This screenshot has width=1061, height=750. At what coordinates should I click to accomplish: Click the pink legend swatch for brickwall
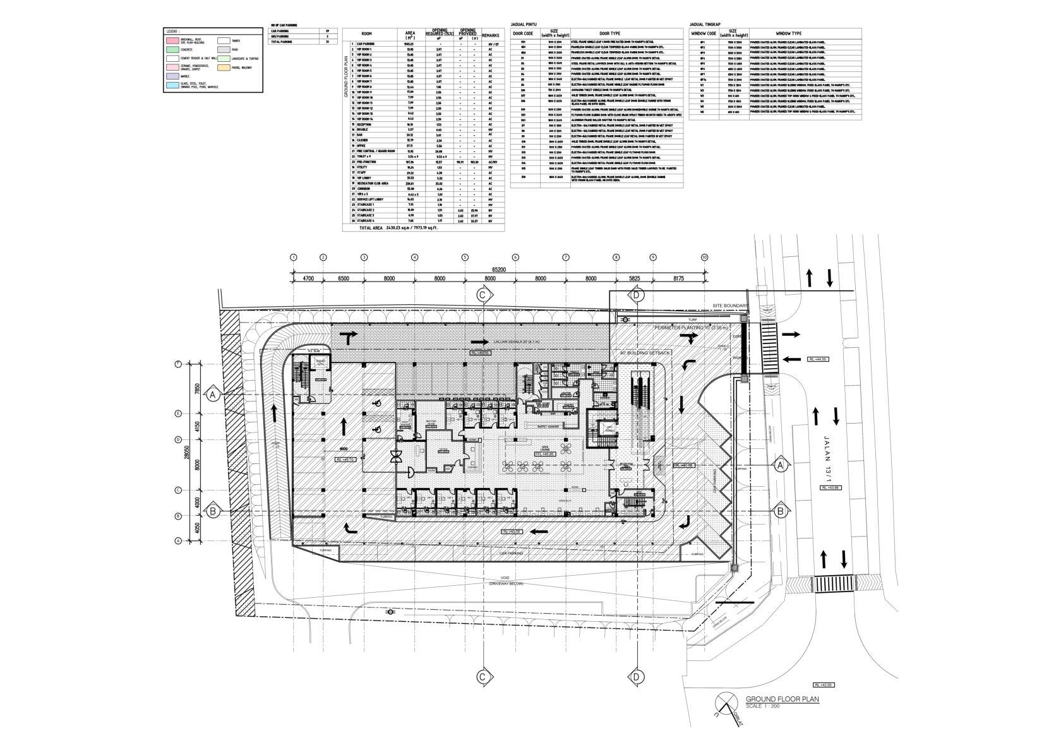pos(171,40)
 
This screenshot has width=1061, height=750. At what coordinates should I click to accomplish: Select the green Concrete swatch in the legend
pos(171,49)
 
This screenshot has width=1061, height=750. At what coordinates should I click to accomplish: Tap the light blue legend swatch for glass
pos(171,85)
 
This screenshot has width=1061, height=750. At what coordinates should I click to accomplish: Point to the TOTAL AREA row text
pos(398,227)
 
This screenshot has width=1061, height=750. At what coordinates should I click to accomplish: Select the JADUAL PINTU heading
pos(524,25)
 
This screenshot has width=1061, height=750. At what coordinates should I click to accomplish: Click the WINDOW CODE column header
pos(704,33)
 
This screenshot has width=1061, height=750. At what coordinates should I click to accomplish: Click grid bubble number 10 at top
pos(704,258)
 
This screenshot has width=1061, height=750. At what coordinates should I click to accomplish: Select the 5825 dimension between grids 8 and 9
pos(635,278)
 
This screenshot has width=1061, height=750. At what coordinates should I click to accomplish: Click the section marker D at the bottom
pos(636,677)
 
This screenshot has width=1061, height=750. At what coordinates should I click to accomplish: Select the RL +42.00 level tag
pos(824,684)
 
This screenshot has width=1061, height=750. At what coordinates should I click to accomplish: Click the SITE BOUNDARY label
pos(729,306)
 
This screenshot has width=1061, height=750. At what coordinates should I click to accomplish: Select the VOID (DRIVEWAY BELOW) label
pos(505,581)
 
